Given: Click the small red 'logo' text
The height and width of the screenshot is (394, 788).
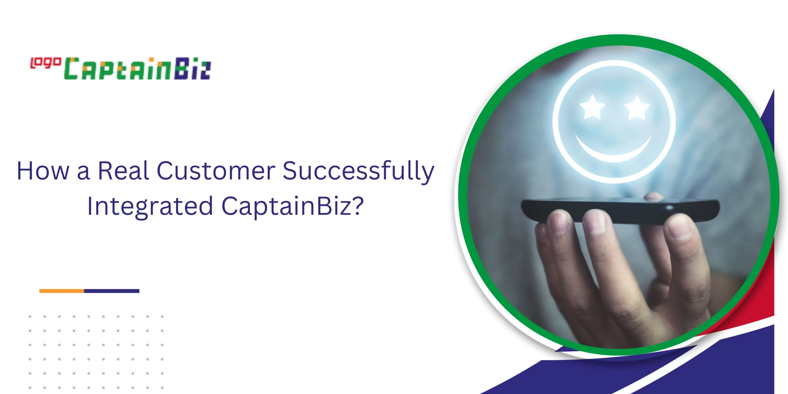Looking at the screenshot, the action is (x=46, y=63).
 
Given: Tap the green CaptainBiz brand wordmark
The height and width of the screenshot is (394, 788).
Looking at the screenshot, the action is (x=137, y=69).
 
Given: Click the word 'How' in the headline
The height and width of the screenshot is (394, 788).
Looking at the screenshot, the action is (x=43, y=171).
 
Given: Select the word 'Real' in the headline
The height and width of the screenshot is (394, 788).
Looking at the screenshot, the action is (x=123, y=171).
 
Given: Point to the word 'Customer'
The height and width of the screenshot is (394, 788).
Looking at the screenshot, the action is (x=216, y=171).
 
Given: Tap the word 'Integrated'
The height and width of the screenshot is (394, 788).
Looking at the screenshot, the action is (x=150, y=207).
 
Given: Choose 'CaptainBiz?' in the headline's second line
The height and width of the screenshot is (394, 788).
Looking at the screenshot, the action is (x=293, y=207).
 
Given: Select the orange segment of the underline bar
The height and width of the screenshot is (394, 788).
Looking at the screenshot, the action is (x=62, y=291).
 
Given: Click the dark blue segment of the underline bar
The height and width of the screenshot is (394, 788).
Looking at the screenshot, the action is (x=112, y=291).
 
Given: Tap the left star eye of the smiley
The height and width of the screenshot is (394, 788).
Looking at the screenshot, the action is (x=592, y=107).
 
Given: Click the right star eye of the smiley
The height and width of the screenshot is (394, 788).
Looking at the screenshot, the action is (x=637, y=107).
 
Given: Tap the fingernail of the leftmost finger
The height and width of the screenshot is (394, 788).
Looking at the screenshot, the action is (x=559, y=220).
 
